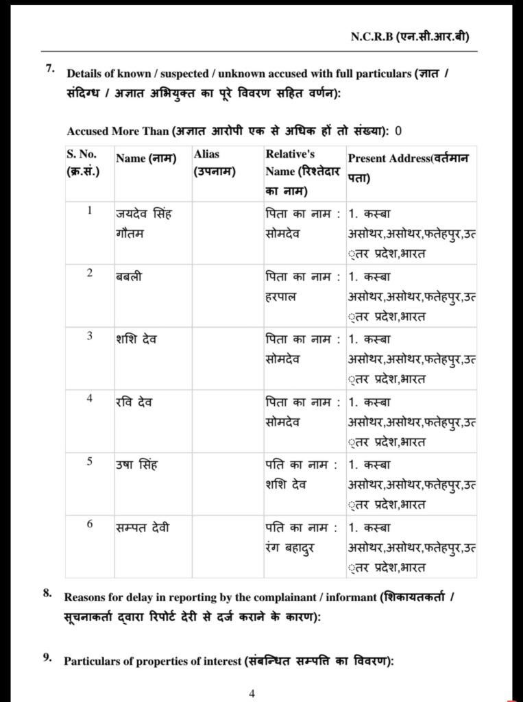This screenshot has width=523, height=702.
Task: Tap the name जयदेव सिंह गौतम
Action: click(x=144, y=223)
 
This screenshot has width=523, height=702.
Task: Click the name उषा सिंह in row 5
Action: click(x=136, y=465)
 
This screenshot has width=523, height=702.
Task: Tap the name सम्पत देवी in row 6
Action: click(x=143, y=528)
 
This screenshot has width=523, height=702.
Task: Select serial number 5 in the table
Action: click(x=90, y=461)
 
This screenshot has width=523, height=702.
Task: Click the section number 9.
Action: click(x=47, y=657)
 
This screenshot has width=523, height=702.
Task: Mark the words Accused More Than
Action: click(x=117, y=131)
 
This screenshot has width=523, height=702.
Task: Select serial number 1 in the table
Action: click(x=90, y=210)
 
